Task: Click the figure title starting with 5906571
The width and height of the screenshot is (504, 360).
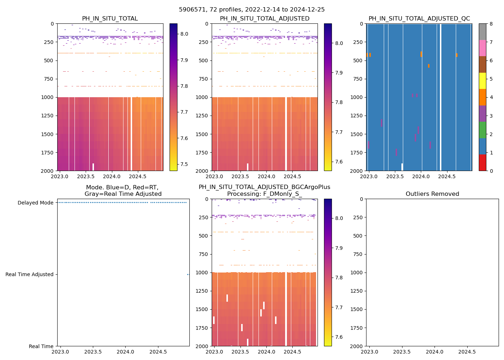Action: (252, 10)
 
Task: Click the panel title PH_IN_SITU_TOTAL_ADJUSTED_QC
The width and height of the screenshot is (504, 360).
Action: (419, 19)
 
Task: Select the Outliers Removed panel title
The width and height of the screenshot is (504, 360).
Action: (432, 194)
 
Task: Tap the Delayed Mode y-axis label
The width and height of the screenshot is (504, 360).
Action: (35, 203)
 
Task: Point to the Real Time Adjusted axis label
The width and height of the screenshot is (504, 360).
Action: (29, 274)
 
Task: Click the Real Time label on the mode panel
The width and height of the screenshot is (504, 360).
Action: (41, 346)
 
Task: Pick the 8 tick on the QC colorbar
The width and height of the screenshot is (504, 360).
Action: (491, 24)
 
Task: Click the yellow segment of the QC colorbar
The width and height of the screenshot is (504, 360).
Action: (482, 81)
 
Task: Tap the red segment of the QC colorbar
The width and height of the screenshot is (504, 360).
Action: (482, 163)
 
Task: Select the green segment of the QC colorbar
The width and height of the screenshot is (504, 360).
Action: (482, 130)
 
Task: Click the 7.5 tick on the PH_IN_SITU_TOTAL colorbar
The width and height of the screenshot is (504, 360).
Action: (184, 164)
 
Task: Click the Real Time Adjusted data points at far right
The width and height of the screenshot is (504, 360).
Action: (188, 274)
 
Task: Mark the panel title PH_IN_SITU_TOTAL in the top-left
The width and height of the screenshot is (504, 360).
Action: (110, 19)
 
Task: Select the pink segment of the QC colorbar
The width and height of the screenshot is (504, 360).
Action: (482, 48)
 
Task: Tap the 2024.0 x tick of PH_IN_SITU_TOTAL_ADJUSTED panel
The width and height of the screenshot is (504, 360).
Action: (266, 177)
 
